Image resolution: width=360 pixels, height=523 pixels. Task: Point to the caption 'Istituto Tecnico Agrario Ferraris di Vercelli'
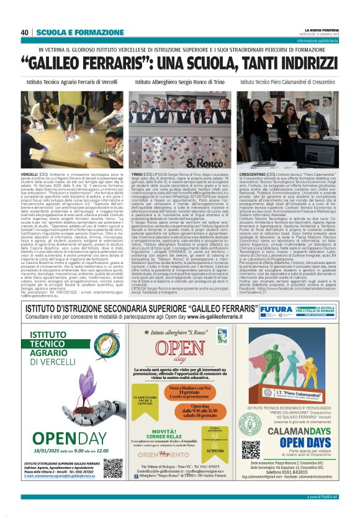pos(71,82)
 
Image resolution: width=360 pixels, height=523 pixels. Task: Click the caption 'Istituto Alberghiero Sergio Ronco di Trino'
pos(179,82)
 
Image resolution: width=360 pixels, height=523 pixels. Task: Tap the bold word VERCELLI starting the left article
pos(29,175)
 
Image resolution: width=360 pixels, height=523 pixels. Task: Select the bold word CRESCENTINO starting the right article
pos(253,175)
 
